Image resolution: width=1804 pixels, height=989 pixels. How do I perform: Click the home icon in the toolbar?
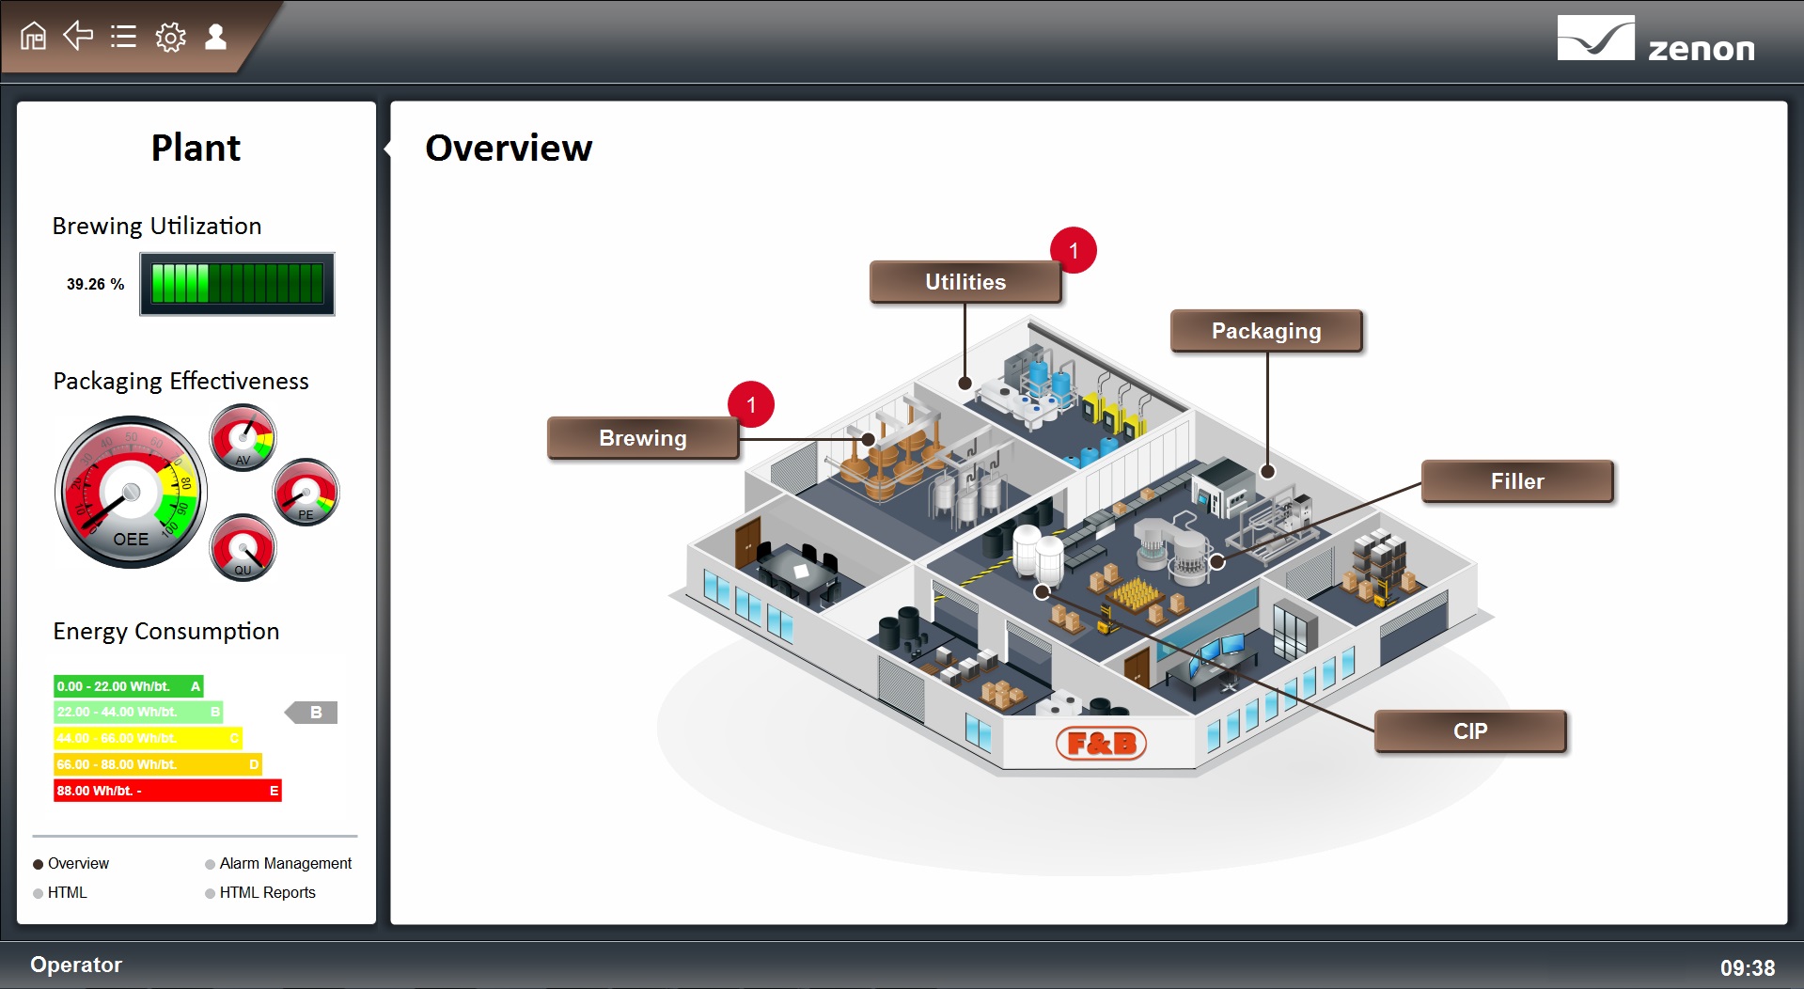tap(33, 37)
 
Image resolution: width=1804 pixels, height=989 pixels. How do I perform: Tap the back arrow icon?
tap(78, 36)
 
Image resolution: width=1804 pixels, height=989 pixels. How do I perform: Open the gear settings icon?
tap(170, 38)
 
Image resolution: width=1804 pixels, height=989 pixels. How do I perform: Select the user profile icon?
tap(215, 37)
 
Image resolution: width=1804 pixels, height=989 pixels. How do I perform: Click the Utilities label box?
tap(965, 282)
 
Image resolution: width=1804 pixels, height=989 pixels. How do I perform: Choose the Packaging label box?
tap(1265, 331)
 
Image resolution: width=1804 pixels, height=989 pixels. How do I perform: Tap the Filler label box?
tap(1516, 481)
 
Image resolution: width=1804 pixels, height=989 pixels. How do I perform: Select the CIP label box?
tap(1469, 731)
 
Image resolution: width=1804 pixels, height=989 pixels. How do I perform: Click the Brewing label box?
tap(643, 438)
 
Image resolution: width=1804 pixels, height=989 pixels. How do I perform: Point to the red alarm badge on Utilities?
tap(1074, 251)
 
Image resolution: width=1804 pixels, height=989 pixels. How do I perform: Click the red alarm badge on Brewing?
tap(751, 405)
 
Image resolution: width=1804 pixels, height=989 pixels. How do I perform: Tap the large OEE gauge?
tap(131, 492)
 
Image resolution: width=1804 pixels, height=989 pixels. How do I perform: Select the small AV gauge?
tap(243, 437)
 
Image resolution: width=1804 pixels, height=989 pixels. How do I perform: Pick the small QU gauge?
tap(243, 547)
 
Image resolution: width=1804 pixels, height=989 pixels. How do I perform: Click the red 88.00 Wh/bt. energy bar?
tap(167, 791)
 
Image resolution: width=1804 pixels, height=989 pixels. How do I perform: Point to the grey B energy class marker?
tap(312, 713)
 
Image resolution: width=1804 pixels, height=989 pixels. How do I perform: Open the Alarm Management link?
tap(285, 863)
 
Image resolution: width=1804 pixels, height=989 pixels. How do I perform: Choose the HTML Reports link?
tap(267, 892)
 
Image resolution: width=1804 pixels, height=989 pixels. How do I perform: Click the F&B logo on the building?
tap(1101, 744)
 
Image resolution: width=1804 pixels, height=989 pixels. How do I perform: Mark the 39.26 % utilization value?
tap(95, 284)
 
